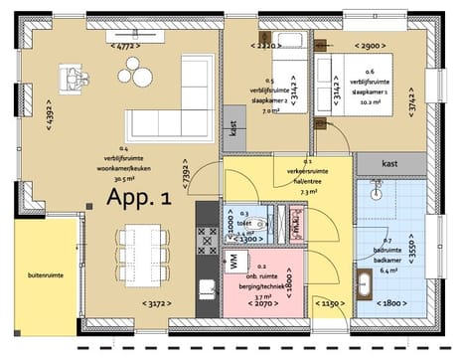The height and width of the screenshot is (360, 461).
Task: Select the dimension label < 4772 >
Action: coord(124,46)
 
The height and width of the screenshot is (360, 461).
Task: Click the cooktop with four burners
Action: coord(208,240)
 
